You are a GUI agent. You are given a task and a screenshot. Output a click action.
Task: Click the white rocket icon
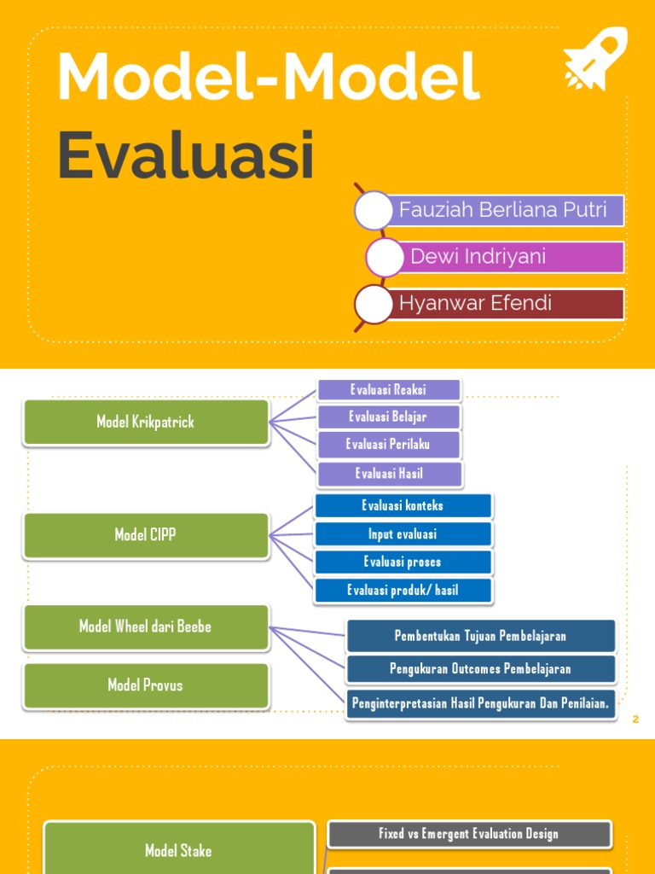595,58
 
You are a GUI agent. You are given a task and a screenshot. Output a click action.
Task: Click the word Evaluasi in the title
186,155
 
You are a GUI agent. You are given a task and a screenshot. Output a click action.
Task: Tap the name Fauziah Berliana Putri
502,210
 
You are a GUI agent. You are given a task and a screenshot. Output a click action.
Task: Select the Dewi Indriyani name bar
478,257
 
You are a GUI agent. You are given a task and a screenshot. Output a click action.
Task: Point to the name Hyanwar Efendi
475,303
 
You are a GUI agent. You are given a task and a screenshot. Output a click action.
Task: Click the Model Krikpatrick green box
146,422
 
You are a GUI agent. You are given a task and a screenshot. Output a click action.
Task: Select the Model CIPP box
146,535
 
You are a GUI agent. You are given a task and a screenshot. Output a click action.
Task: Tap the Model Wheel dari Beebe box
146,626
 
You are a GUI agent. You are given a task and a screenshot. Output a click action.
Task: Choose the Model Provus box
146,685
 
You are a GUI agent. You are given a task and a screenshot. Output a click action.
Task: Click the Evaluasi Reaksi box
389,390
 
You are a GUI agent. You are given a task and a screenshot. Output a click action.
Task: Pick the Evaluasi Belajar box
389,417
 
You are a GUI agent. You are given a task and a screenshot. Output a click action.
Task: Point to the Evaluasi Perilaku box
389,445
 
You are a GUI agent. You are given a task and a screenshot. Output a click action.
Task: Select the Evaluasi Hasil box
389,474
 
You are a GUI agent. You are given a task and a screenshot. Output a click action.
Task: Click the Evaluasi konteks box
403,505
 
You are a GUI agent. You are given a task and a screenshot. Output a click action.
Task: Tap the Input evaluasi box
403,534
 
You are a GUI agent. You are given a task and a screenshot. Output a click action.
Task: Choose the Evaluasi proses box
403,562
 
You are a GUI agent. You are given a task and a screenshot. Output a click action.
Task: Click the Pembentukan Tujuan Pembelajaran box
480,636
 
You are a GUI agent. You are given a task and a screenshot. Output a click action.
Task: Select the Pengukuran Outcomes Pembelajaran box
480,669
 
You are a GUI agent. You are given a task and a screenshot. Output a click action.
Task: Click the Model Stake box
178,850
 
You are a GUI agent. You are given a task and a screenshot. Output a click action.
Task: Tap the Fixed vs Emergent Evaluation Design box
469,834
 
